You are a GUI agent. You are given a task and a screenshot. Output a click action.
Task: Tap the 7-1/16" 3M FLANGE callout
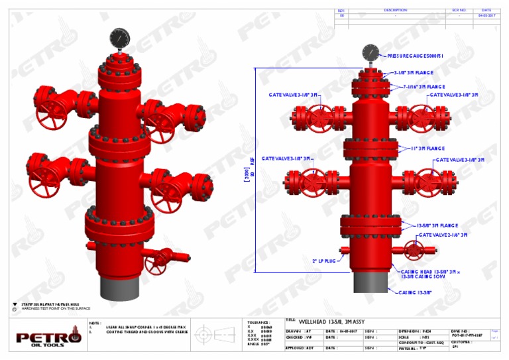(424, 87)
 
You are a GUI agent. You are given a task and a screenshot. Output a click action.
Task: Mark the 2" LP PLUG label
(325, 261)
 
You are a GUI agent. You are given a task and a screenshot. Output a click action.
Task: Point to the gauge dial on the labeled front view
(370, 52)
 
